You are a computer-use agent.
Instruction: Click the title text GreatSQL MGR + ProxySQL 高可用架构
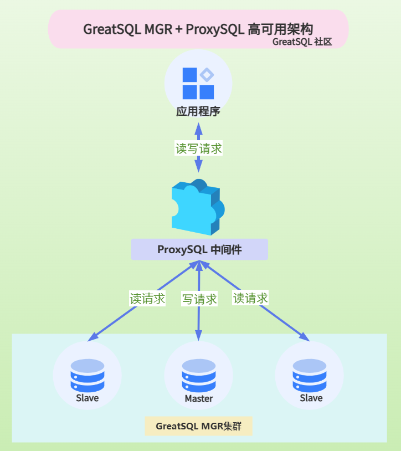click(x=198, y=29)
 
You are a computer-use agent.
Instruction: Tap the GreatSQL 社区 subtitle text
click(x=302, y=42)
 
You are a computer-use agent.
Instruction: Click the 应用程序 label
click(x=198, y=112)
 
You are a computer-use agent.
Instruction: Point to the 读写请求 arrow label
click(x=199, y=148)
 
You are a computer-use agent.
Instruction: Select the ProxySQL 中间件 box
click(x=199, y=249)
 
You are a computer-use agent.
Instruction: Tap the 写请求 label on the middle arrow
click(x=199, y=300)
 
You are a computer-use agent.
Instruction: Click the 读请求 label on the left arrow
click(x=147, y=299)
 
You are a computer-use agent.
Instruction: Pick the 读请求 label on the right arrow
click(x=250, y=298)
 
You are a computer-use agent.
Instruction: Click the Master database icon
click(x=199, y=376)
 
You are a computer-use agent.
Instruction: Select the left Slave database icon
click(x=88, y=375)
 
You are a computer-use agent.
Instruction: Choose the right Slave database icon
click(x=310, y=375)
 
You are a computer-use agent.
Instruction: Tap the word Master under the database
click(x=199, y=398)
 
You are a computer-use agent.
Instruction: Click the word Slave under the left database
click(x=88, y=398)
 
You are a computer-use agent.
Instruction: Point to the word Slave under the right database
click(x=311, y=398)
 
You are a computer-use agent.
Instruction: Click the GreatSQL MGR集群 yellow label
click(x=199, y=426)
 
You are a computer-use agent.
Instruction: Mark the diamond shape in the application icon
click(x=207, y=75)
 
